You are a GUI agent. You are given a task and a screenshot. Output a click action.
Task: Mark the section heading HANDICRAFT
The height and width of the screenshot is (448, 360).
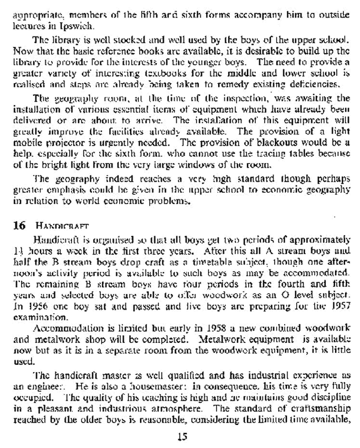60,226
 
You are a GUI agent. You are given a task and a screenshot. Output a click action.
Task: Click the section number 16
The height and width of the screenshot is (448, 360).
20,226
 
